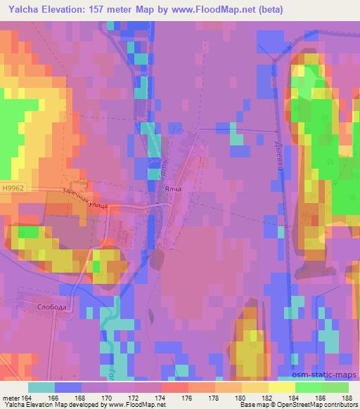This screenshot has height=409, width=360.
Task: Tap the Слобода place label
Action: pos(52,308)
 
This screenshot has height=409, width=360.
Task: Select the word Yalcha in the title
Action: pos(27,9)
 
